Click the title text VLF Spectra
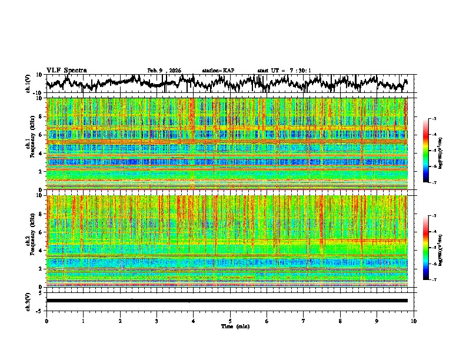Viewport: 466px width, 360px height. pyautogui.click(x=66, y=70)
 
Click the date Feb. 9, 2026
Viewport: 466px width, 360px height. pyautogui.click(x=164, y=71)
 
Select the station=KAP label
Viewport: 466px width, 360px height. pyautogui.click(x=218, y=71)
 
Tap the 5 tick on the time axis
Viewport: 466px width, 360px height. pyautogui.click(x=230, y=321)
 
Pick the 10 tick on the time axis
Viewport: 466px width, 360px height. pyautogui.click(x=414, y=321)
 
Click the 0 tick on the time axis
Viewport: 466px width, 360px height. pyautogui.click(x=46, y=321)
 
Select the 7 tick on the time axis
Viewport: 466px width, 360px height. pyautogui.click(x=304, y=321)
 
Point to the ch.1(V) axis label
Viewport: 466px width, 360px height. pyautogui.click(x=28, y=84)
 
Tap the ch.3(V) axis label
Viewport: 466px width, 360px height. pyautogui.click(x=28, y=301)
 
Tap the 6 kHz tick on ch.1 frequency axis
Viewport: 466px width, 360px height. pyautogui.click(x=41, y=135)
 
